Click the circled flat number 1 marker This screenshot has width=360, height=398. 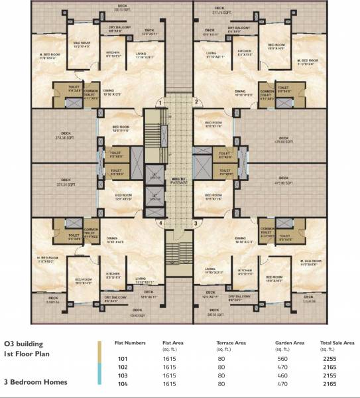point(160,103)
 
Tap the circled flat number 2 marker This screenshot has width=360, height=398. point(196,101)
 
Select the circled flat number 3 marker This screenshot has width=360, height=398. point(196,224)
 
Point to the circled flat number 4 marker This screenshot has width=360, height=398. point(160,224)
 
